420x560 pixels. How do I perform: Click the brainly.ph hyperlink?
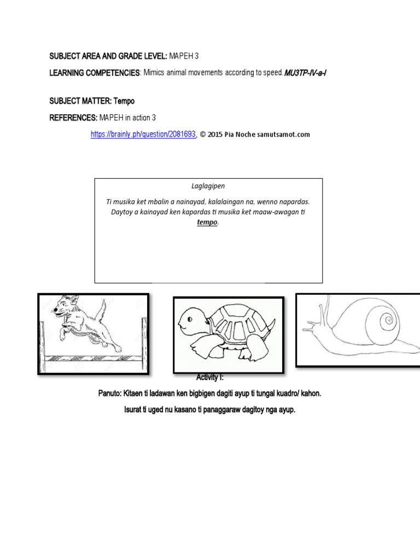pyautogui.click(x=143, y=134)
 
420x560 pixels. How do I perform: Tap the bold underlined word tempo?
pyautogui.click(x=207, y=223)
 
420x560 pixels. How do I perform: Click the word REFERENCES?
pyautogui.click(x=73, y=118)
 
